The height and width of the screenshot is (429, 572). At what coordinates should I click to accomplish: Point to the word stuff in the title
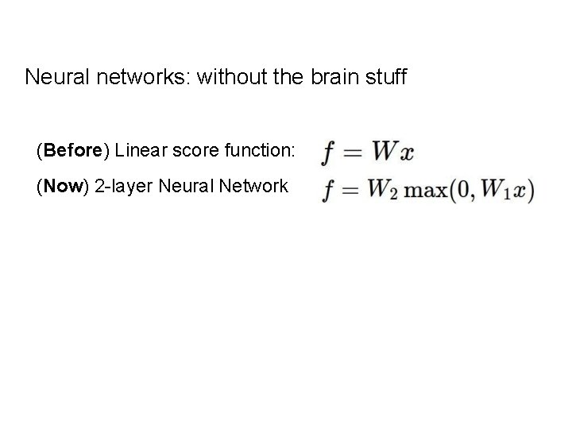point(385,77)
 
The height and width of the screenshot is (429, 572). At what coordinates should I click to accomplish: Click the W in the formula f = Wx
point(385,151)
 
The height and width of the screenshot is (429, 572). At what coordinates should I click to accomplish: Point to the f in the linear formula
point(327,152)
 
